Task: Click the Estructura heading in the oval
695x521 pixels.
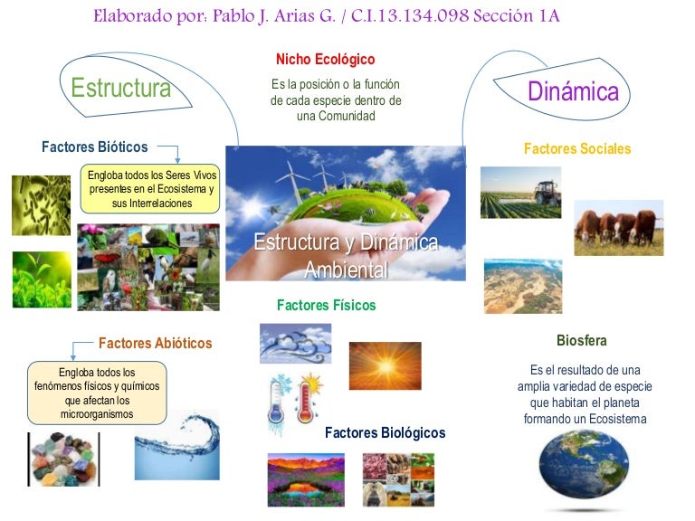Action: tap(120, 89)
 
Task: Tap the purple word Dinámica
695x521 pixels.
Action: tap(573, 91)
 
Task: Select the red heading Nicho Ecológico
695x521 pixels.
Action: tap(326, 60)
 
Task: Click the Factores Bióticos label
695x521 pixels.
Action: tap(94, 147)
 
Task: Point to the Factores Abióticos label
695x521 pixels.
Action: tap(155, 344)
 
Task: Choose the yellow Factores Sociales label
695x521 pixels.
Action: tap(577, 149)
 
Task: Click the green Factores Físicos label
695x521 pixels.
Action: tap(326, 306)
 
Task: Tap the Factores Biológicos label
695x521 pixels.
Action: tap(385, 433)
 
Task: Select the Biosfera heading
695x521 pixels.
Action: tap(581, 341)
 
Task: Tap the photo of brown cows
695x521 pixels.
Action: tap(619, 228)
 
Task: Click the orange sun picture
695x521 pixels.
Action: tap(385, 365)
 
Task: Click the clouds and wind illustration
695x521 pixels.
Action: tap(295, 343)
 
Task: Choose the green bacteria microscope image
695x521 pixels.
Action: tap(41, 205)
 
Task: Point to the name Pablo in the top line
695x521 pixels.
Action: tap(237, 18)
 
